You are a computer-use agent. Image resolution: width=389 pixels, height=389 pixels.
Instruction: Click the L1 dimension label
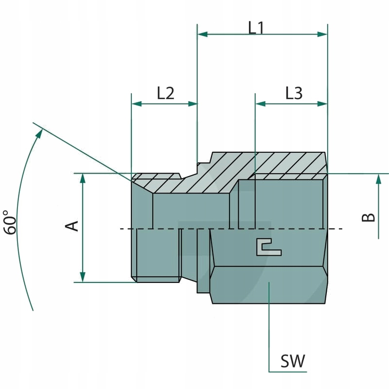point(256,28)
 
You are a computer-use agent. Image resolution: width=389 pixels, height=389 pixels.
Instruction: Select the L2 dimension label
point(165,93)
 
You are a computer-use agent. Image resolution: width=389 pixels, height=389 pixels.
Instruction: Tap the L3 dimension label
point(294,93)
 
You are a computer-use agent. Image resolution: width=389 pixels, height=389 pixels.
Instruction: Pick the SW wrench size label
point(293,361)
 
